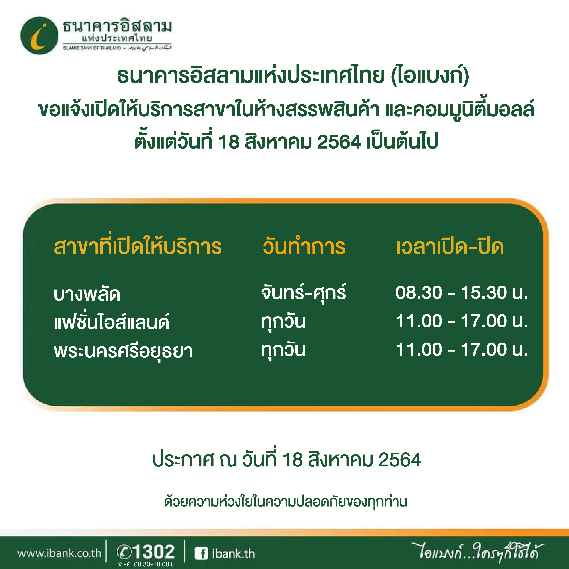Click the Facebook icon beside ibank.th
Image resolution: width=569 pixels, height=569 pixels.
201,554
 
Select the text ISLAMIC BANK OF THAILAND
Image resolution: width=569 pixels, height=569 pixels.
92,48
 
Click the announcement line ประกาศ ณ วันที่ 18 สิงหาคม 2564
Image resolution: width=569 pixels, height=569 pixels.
287,460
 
